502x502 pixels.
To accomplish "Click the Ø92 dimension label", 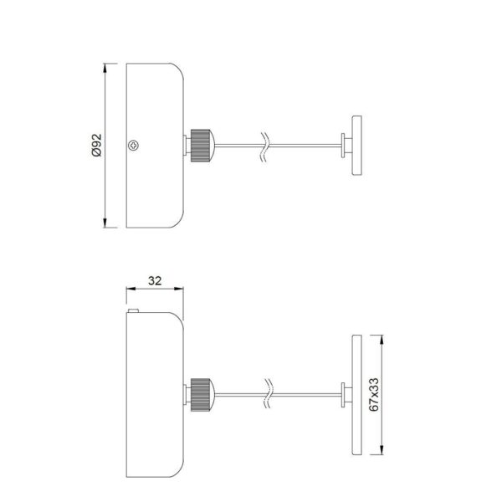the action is click(96, 145).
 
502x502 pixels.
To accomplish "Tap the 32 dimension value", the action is click(155, 281).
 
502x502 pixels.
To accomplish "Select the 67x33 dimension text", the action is click(374, 394).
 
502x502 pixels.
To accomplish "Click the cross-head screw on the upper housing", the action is click(133, 146).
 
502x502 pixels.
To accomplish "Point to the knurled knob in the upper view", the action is click(202, 146).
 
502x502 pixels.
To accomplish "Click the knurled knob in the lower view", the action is click(202, 395).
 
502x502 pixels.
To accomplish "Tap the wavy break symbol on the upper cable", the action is click(264, 146).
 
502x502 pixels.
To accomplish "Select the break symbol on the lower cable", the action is click(269, 393).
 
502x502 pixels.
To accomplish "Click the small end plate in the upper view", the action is click(357, 146).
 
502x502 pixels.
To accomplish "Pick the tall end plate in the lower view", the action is click(357, 395).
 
